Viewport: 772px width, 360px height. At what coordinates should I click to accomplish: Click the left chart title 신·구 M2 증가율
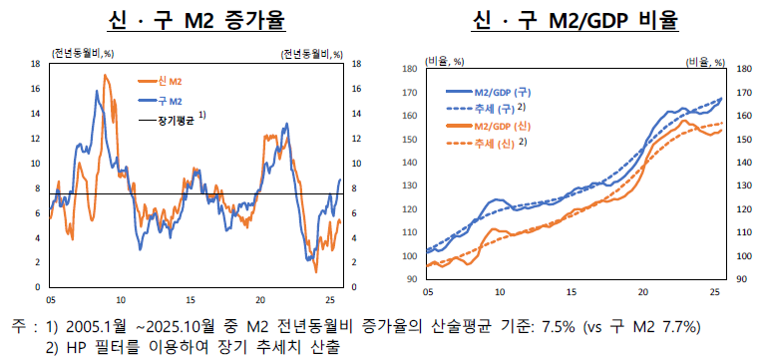(193, 20)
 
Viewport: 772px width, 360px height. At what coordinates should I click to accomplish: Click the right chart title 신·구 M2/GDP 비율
(578, 20)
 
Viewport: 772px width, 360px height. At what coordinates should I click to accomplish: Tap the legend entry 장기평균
(176, 120)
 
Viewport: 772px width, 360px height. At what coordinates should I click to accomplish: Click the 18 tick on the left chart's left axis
(36, 64)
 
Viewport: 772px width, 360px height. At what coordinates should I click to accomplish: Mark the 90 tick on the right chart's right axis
(740, 279)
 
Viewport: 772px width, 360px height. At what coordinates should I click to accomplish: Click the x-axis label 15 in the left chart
(191, 299)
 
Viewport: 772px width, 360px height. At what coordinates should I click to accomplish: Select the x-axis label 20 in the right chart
(642, 292)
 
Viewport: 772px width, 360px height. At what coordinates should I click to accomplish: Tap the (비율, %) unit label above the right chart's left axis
(444, 61)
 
